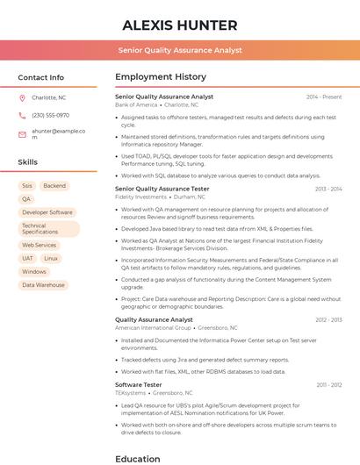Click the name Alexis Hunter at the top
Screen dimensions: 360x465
point(180,25)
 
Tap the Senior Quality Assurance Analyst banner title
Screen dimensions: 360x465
point(180,51)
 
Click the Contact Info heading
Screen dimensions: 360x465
point(40,77)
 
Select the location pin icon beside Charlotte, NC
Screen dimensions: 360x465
point(22,98)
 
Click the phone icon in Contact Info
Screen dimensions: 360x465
point(22,115)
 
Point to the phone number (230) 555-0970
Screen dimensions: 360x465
point(50,115)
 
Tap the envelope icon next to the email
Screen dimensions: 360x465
point(22,134)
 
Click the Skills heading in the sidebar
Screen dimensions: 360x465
point(28,162)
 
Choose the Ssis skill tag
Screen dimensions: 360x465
point(27,186)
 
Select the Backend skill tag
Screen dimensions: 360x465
point(54,186)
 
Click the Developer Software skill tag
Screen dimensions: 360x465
point(47,212)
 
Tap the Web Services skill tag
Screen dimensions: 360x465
point(40,246)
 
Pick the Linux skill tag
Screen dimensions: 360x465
point(51,259)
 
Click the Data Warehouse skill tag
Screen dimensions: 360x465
point(43,285)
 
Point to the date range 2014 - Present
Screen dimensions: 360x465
point(324,97)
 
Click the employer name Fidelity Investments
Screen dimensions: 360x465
point(140,197)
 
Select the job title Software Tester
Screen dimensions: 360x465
point(139,384)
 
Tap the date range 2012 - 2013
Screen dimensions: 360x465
point(328,320)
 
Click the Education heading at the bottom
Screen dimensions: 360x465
point(139,458)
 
